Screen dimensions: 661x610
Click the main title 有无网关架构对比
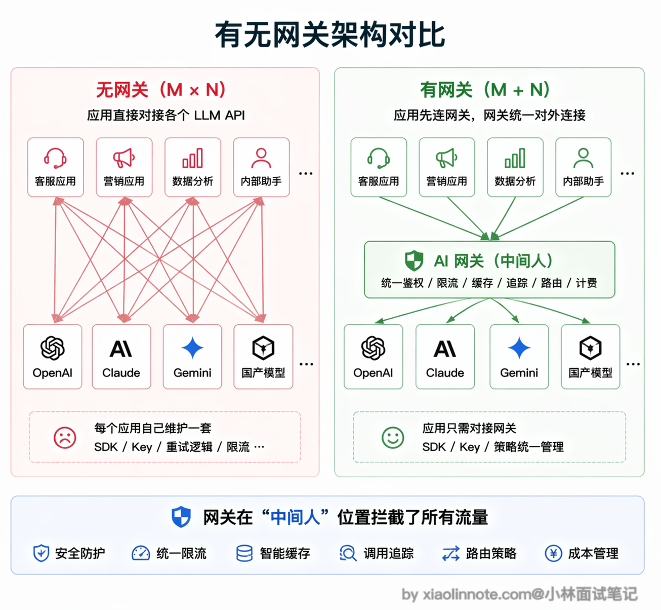pyautogui.click(x=330, y=34)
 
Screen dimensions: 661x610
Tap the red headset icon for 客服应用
pyautogui.click(x=55, y=158)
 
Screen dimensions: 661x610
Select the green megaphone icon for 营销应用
pyautogui.click(x=447, y=158)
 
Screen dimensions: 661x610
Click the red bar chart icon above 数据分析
pyautogui.click(x=192, y=158)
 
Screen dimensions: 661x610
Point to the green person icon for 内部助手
pyautogui.click(x=583, y=158)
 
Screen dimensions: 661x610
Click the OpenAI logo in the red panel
pyautogui.click(x=53, y=348)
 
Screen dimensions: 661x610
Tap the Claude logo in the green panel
pyautogui.click(x=445, y=349)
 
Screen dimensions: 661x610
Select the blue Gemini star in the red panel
pyautogui.click(x=192, y=348)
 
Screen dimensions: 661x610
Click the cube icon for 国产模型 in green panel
pyautogui.click(x=591, y=348)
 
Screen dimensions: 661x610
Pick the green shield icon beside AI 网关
pyautogui.click(x=414, y=260)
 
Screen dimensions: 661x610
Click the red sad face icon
pyautogui.click(x=65, y=437)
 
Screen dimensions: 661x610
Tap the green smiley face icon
pyautogui.click(x=393, y=437)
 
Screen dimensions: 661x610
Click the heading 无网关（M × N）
pyautogui.click(x=161, y=90)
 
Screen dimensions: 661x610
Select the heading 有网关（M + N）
pyautogui.click(x=485, y=90)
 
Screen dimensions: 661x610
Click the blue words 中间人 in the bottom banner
pyautogui.click(x=295, y=517)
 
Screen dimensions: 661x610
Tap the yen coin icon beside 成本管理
pyautogui.click(x=554, y=554)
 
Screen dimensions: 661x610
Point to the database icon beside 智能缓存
pyautogui.click(x=244, y=554)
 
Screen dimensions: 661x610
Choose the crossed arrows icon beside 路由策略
pyautogui.click(x=451, y=554)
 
